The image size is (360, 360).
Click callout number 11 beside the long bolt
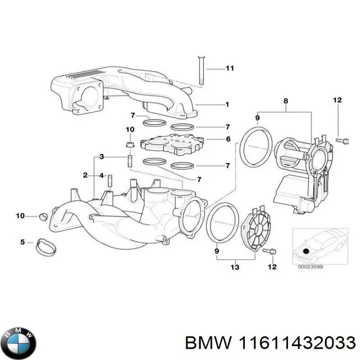[229, 69]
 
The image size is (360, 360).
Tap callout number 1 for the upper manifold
[227, 104]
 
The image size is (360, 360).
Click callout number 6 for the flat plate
[228, 139]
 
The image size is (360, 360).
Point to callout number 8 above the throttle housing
[285, 102]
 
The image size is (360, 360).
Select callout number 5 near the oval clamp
[22, 243]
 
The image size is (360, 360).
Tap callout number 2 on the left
[85, 175]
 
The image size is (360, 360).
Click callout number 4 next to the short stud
[101, 175]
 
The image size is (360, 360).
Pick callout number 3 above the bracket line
[102, 157]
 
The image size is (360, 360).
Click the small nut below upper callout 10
[130, 144]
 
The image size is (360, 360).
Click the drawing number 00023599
[310, 266]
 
